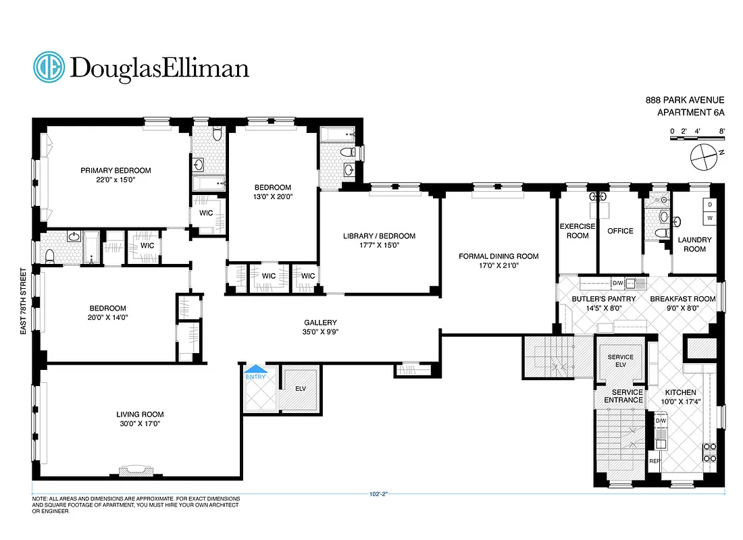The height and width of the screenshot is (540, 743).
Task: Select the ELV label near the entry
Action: (301, 388)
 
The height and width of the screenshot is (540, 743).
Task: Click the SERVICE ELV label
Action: (620, 360)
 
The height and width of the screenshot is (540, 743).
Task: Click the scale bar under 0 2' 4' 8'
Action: (696, 138)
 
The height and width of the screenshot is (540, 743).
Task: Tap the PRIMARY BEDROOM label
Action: (116, 170)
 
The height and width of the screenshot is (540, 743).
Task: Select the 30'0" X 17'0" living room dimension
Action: (140, 424)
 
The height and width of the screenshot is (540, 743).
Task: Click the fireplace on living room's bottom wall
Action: (132, 470)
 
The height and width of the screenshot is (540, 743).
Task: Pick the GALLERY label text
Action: (320, 323)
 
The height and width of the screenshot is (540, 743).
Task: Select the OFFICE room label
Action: (620, 231)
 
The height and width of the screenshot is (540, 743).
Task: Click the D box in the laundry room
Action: (710, 205)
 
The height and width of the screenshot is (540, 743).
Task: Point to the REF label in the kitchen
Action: (654, 461)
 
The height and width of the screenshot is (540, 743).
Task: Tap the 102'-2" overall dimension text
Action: (378, 494)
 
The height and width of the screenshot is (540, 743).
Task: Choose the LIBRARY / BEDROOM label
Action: (378, 236)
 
